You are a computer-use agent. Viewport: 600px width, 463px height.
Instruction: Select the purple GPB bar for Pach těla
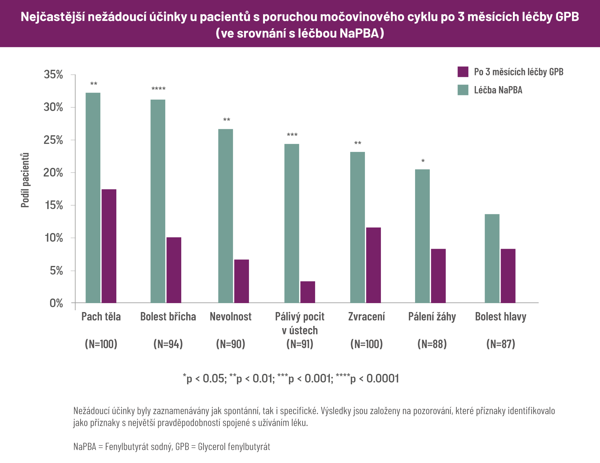[x=109, y=246]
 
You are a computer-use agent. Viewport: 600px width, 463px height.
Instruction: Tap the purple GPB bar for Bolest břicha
[x=174, y=270]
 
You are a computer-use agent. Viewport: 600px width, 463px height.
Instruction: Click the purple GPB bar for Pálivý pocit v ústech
[x=308, y=292]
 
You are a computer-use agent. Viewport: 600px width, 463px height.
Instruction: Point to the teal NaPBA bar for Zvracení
[x=358, y=227]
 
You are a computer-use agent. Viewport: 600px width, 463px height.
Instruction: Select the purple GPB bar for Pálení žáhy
[x=438, y=276]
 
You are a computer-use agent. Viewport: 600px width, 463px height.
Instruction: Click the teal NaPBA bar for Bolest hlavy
[x=492, y=258]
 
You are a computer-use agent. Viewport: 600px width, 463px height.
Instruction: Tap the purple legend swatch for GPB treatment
[x=463, y=72]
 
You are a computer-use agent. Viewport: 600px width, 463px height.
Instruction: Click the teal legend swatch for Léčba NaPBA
[x=463, y=90]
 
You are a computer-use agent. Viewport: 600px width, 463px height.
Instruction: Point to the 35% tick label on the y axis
[x=54, y=75]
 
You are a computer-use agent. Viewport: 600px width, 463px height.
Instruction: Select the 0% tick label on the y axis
[x=56, y=303]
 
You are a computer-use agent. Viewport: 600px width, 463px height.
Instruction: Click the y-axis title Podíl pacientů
[x=25, y=180]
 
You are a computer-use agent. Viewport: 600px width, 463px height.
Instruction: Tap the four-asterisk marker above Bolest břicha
[x=158, y=89]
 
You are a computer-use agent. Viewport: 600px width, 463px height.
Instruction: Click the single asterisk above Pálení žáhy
[x=423, y=161]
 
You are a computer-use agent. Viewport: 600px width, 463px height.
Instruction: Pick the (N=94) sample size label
[x=168, y=344]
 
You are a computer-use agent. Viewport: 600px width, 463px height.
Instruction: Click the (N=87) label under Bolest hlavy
[x=501, y=344]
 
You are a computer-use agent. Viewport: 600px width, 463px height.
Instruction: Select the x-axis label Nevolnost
[x=230, y=316]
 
